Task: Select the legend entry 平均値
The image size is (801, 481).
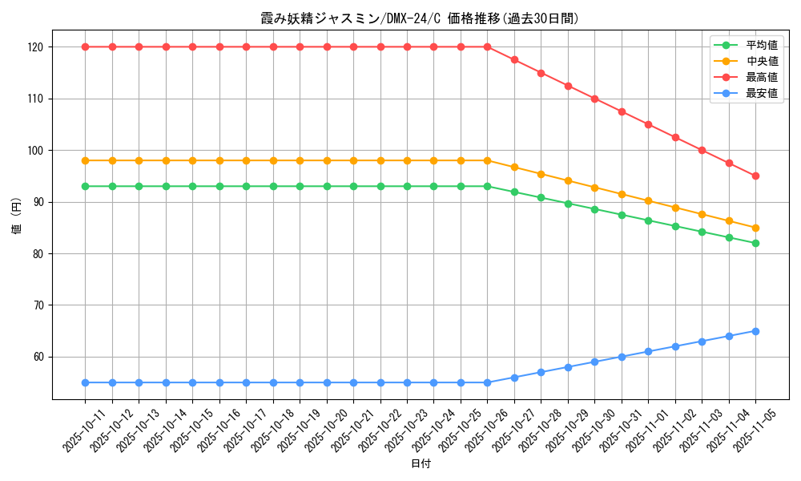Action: (x=761, y=46)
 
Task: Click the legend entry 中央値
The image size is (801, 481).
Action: (x=761, y=61)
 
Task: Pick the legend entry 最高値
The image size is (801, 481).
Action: (x=761, y=77)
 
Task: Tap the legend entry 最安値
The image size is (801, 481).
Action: (x=761, y=93)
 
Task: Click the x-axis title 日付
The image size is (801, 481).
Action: (x=421, y=464)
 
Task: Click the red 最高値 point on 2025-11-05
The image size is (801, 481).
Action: (x=755, y=176)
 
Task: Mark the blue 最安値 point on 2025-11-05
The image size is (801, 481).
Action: (x=755, y=331)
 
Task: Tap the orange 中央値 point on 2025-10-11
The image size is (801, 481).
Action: (x=85, y=160)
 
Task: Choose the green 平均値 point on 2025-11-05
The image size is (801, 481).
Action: (x=755, y=243)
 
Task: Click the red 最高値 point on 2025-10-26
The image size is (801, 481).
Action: (x=487, y=46)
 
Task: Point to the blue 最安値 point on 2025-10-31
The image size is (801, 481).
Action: (x=622, y=357)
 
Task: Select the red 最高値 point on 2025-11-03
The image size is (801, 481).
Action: (x=702, y=150)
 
